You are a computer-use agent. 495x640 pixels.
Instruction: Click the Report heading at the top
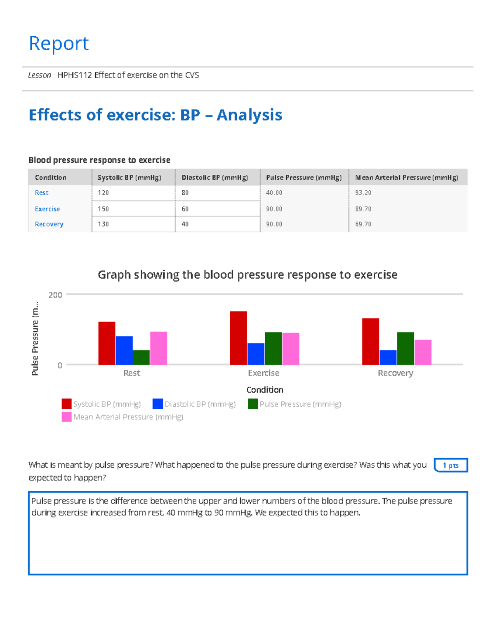coord(59,43)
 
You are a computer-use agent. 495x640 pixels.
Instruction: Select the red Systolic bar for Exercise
coord(238,338)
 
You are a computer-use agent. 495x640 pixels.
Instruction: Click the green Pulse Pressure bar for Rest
coord(141,357)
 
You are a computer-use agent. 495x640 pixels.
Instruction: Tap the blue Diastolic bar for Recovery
coord(388,357)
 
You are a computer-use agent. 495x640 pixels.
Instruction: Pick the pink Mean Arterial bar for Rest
coord(158,348)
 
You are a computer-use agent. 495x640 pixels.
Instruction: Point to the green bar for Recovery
coord(405,348)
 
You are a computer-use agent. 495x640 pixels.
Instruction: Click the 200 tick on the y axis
coord(55,295)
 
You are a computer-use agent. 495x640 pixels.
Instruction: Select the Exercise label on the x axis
coord(264,373)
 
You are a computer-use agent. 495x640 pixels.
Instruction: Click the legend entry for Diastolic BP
coord(194,404)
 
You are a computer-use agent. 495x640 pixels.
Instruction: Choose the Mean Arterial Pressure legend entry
coord(123,417)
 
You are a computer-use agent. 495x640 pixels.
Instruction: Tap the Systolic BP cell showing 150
coord(104,209)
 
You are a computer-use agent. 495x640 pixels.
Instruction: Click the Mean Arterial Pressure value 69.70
coord(363,224)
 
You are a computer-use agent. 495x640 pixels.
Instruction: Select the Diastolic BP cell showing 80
coord(185,193)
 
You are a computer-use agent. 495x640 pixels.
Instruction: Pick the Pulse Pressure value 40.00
coord(274,193)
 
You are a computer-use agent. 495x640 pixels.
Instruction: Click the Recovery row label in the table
coord(49,224)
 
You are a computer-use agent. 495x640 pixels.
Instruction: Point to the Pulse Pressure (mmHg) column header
coord(304,178)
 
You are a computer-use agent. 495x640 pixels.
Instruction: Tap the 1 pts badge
coord(450,465)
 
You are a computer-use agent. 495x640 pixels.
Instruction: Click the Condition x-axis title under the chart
coord(265,390)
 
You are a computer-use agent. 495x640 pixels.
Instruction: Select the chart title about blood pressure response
coord(247,275)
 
